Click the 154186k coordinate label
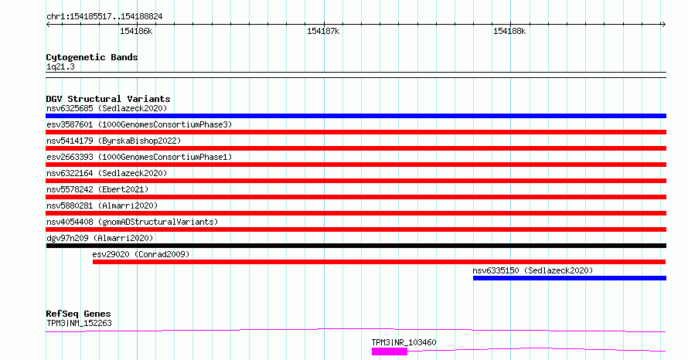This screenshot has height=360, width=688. coord(136,32)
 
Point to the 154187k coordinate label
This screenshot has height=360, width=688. coord(323,32)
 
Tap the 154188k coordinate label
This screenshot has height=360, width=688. coord(509,32)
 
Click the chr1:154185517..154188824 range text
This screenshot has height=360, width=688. coord(104,17)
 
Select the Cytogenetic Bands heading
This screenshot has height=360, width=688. coord(92,57)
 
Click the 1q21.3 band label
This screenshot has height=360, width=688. coord(60,67)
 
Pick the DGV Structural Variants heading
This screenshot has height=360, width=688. coord(108,99)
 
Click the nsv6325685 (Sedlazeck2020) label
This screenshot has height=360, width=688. coord(107,109)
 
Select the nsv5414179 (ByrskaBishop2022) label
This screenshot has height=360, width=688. coord(114,141)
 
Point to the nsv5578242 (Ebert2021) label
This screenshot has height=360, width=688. coord(97,190)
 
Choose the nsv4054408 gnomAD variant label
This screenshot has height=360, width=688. coord(132,222)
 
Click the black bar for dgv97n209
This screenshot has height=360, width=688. coord(356,246)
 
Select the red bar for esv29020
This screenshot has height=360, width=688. coord(379,262)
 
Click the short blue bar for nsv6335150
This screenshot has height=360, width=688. coord(570,278)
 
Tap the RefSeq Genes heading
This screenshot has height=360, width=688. coord(79,314)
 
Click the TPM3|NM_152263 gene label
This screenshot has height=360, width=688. coord(79,324)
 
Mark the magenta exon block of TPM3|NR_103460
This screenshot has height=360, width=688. coord(390,352)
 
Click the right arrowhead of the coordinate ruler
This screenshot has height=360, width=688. coord(664,25)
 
